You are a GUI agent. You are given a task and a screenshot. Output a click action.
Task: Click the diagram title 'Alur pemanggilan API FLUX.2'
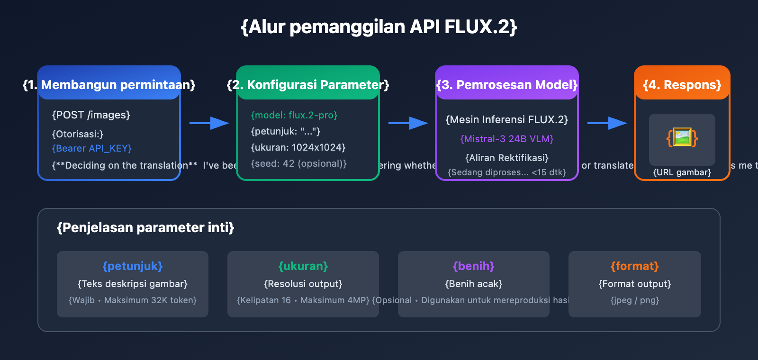pos(379,27)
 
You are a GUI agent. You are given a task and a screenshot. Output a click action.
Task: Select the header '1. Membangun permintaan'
pos(109,85)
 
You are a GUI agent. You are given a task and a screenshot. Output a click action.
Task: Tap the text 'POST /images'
pos(91,115)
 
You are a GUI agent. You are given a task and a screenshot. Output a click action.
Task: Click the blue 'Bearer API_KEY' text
pos(92,148)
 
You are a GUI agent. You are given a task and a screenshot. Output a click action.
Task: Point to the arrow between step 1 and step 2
pos(209,123)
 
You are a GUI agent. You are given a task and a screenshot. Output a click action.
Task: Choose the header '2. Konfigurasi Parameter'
pos(308,85)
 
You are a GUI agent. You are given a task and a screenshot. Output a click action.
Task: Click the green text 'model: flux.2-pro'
pos(294,115)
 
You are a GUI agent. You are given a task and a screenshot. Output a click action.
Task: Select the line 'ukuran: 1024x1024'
pos(298,147)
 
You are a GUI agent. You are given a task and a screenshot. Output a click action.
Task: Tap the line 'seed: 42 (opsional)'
pos(298,163)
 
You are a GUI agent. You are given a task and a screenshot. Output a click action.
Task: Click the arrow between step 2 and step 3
pos(408,123)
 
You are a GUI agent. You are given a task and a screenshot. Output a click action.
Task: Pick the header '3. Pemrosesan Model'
pos(507,85)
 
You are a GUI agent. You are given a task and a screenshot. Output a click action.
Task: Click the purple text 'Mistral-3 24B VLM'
pos(507,139)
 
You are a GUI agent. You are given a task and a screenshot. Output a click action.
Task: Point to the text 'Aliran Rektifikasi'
pos(507,158)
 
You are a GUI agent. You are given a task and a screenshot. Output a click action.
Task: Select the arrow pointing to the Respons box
pos(607,123)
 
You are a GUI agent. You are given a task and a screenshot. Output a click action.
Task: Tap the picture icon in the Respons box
pos(682,138)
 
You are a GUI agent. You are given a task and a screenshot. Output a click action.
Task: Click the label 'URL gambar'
pos(682,172)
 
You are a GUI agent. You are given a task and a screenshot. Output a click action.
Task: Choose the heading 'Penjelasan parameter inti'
pos(145,228)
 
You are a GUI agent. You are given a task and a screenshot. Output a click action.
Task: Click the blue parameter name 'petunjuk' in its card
pos(133,266)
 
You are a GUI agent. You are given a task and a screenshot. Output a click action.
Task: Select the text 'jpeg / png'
pos(635,300)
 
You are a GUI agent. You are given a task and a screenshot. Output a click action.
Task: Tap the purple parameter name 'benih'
pos(474,266)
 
